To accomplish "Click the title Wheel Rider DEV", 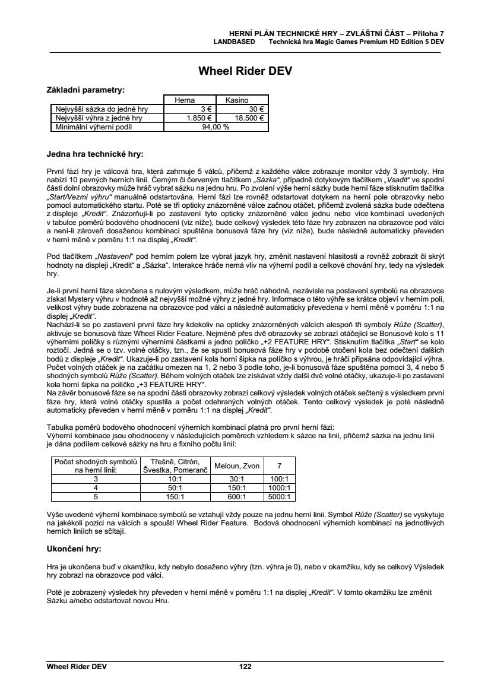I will tap(245, 72).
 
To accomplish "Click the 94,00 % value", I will tap(216, 126).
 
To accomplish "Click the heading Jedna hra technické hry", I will tap(95, 154).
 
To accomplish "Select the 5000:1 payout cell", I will tap(279, 496).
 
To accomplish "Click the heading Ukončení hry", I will tap(74, 548).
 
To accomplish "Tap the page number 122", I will tap(245, 667).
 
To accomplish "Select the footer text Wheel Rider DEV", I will tap(77, 667).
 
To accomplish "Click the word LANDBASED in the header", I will tap(235, 42).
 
